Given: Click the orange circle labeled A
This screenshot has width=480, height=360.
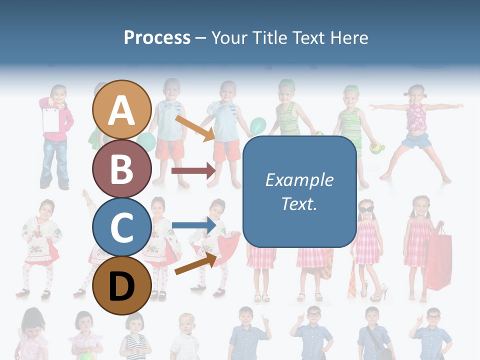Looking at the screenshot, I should pyautogui.click(x=121, y=109).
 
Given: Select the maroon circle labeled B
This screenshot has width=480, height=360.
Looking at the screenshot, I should pyautogui.click(x=121, y=168).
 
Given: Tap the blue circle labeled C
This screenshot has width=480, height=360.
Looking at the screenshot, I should pyautogui.click(x=121, y=227).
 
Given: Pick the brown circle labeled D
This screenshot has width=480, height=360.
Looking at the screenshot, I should pyautogui.click(x=121, y=285).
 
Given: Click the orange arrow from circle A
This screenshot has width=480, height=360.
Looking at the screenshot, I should pyautogui.click(x=195, y=128).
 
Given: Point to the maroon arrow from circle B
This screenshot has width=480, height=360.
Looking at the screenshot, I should pyautogui.click(x=193, y=171).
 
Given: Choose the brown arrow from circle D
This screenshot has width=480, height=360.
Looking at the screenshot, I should pyautogui.click(x=195, y=263).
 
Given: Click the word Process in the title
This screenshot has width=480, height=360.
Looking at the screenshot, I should pyautogui.click(x=157, y=37).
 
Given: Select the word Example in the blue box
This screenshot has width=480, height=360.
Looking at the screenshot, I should pyautogui.click(x=299, y=180).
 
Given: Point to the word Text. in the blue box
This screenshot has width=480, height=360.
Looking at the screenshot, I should pyautogui.click(x=299, y=203).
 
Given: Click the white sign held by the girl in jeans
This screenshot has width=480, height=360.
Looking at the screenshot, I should pyautogui.click(x=50, y=119).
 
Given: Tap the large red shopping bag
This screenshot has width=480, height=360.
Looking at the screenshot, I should pyautogui.click(x=438, y=259).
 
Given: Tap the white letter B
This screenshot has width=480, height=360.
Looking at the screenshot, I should pyautogui.click(x=121, y=168).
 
